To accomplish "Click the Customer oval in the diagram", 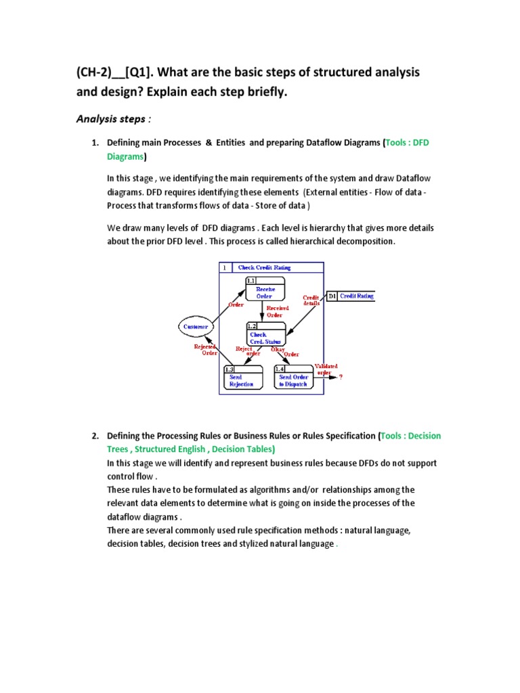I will [197, 326].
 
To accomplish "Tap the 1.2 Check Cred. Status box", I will [265, 334].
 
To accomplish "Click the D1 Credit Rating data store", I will [351, 296].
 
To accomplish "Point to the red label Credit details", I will [311, 300].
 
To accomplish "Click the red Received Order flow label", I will [277, 311].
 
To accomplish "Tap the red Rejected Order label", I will [205, 350].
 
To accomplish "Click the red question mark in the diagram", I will [341, 378].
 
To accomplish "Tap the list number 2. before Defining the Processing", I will [95, 436].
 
